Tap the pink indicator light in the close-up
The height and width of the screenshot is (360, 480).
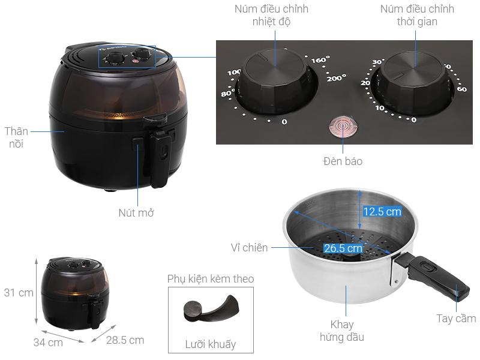click(343, 126)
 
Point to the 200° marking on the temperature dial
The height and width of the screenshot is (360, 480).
click(336, 79)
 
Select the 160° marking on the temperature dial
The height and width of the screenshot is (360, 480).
click(320, 59)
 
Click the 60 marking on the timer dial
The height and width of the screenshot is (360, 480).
click(462, 89)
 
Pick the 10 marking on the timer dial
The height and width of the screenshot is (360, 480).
click(380, 108)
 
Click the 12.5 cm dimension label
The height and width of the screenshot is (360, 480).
click(382, 212)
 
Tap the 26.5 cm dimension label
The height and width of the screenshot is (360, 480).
click(343, 248)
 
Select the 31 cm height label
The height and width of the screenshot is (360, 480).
click(19, 293)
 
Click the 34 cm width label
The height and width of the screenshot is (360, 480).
click(48, 343)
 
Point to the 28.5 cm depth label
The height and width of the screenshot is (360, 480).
click(125, 340)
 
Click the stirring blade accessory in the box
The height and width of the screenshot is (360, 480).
click(211, 308)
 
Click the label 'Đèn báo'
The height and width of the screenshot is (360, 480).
click(343, 161)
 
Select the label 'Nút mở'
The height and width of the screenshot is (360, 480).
click(136, 213)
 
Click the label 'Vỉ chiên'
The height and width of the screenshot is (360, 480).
click(249, 248)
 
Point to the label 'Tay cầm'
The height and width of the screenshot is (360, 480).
click(456, 319)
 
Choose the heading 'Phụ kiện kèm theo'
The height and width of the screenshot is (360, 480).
click(211, 279)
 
